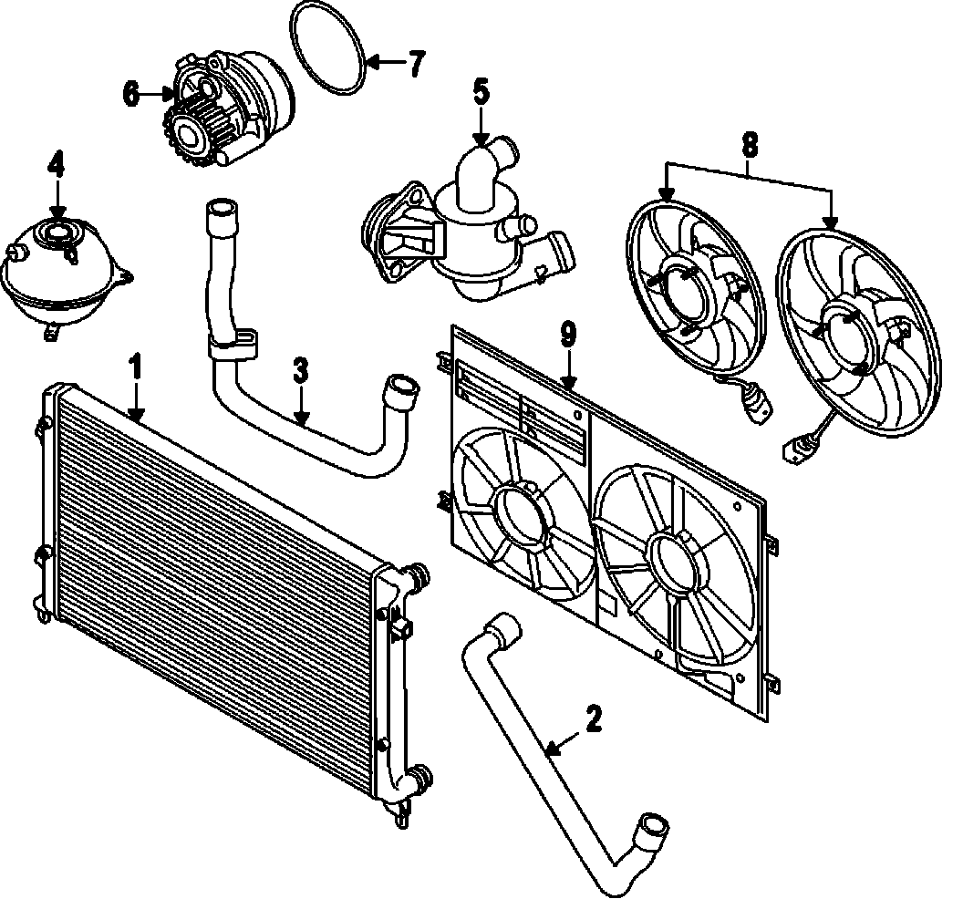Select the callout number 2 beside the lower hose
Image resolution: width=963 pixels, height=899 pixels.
[594, 719]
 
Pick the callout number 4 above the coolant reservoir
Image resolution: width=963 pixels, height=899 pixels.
[57, 165]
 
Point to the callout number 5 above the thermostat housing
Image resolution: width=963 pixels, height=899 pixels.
[481, 91]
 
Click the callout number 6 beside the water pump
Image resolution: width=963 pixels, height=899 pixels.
[131, 93]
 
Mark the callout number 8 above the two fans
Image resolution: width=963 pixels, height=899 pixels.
[749, 143]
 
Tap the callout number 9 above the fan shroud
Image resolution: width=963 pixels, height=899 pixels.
[568, 335]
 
